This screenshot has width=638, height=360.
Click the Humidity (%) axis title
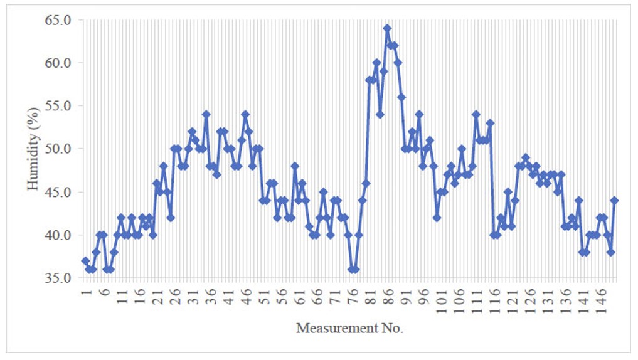pyautogui.click(x=32, y=149)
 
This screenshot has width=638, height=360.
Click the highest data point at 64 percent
pyautogui.click(x=387, y=28)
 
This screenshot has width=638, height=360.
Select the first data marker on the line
pyautogui.click(x=85, y=260)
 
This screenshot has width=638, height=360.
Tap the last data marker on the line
pyautogui.click(x=614, y=200)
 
